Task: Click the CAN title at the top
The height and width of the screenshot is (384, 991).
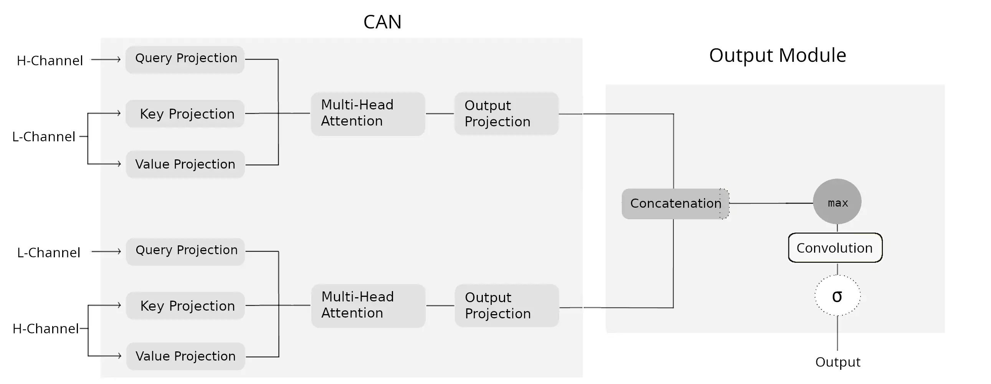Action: click(x=382, y=22)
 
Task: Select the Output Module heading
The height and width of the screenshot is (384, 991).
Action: click(x=777, y=55)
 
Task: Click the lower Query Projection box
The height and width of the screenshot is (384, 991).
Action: click(x=185, y=251)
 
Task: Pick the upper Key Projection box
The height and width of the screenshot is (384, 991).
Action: click(x=185, y=114)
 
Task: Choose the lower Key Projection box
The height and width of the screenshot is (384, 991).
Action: click(x=185, y=306)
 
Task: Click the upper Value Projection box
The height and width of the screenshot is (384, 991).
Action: click(x=185, y=164)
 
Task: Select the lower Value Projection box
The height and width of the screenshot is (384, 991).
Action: click(x=185, y=356)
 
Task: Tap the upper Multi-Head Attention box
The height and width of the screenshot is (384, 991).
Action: click(x=368, y=114)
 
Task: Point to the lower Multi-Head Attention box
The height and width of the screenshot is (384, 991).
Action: click(x=368, y=306)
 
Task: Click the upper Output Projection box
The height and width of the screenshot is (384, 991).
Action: click(x=506, y=114)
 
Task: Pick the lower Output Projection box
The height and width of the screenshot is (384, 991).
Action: click(x=507, y=306)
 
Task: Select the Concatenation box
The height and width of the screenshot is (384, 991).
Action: click(x=675, y=204)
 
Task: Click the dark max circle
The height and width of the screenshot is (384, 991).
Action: click(x=837, y=202)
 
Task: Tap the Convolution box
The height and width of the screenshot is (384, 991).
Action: click(x=835, y=248)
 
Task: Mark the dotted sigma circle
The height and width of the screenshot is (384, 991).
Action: click(x=837, y=296)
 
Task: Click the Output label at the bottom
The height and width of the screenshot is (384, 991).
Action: click(x=837, y=362)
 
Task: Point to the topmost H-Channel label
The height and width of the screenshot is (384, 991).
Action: click(x=50, y=61)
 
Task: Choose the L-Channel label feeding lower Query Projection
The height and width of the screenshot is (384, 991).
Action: click(x=48, y=253)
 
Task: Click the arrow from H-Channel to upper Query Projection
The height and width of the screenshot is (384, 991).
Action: click(x=106, y=60)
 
